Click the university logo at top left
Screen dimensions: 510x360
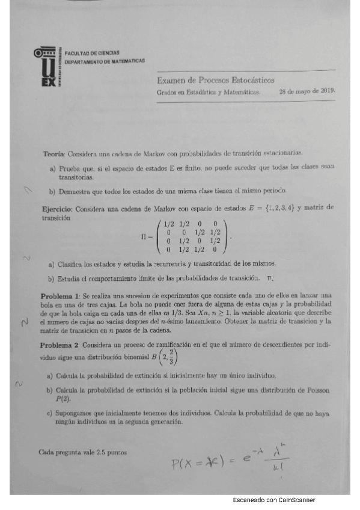47,67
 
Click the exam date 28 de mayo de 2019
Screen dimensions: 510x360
307,92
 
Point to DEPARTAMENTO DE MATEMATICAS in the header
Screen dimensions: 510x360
104,61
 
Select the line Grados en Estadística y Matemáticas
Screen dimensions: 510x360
208,93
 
